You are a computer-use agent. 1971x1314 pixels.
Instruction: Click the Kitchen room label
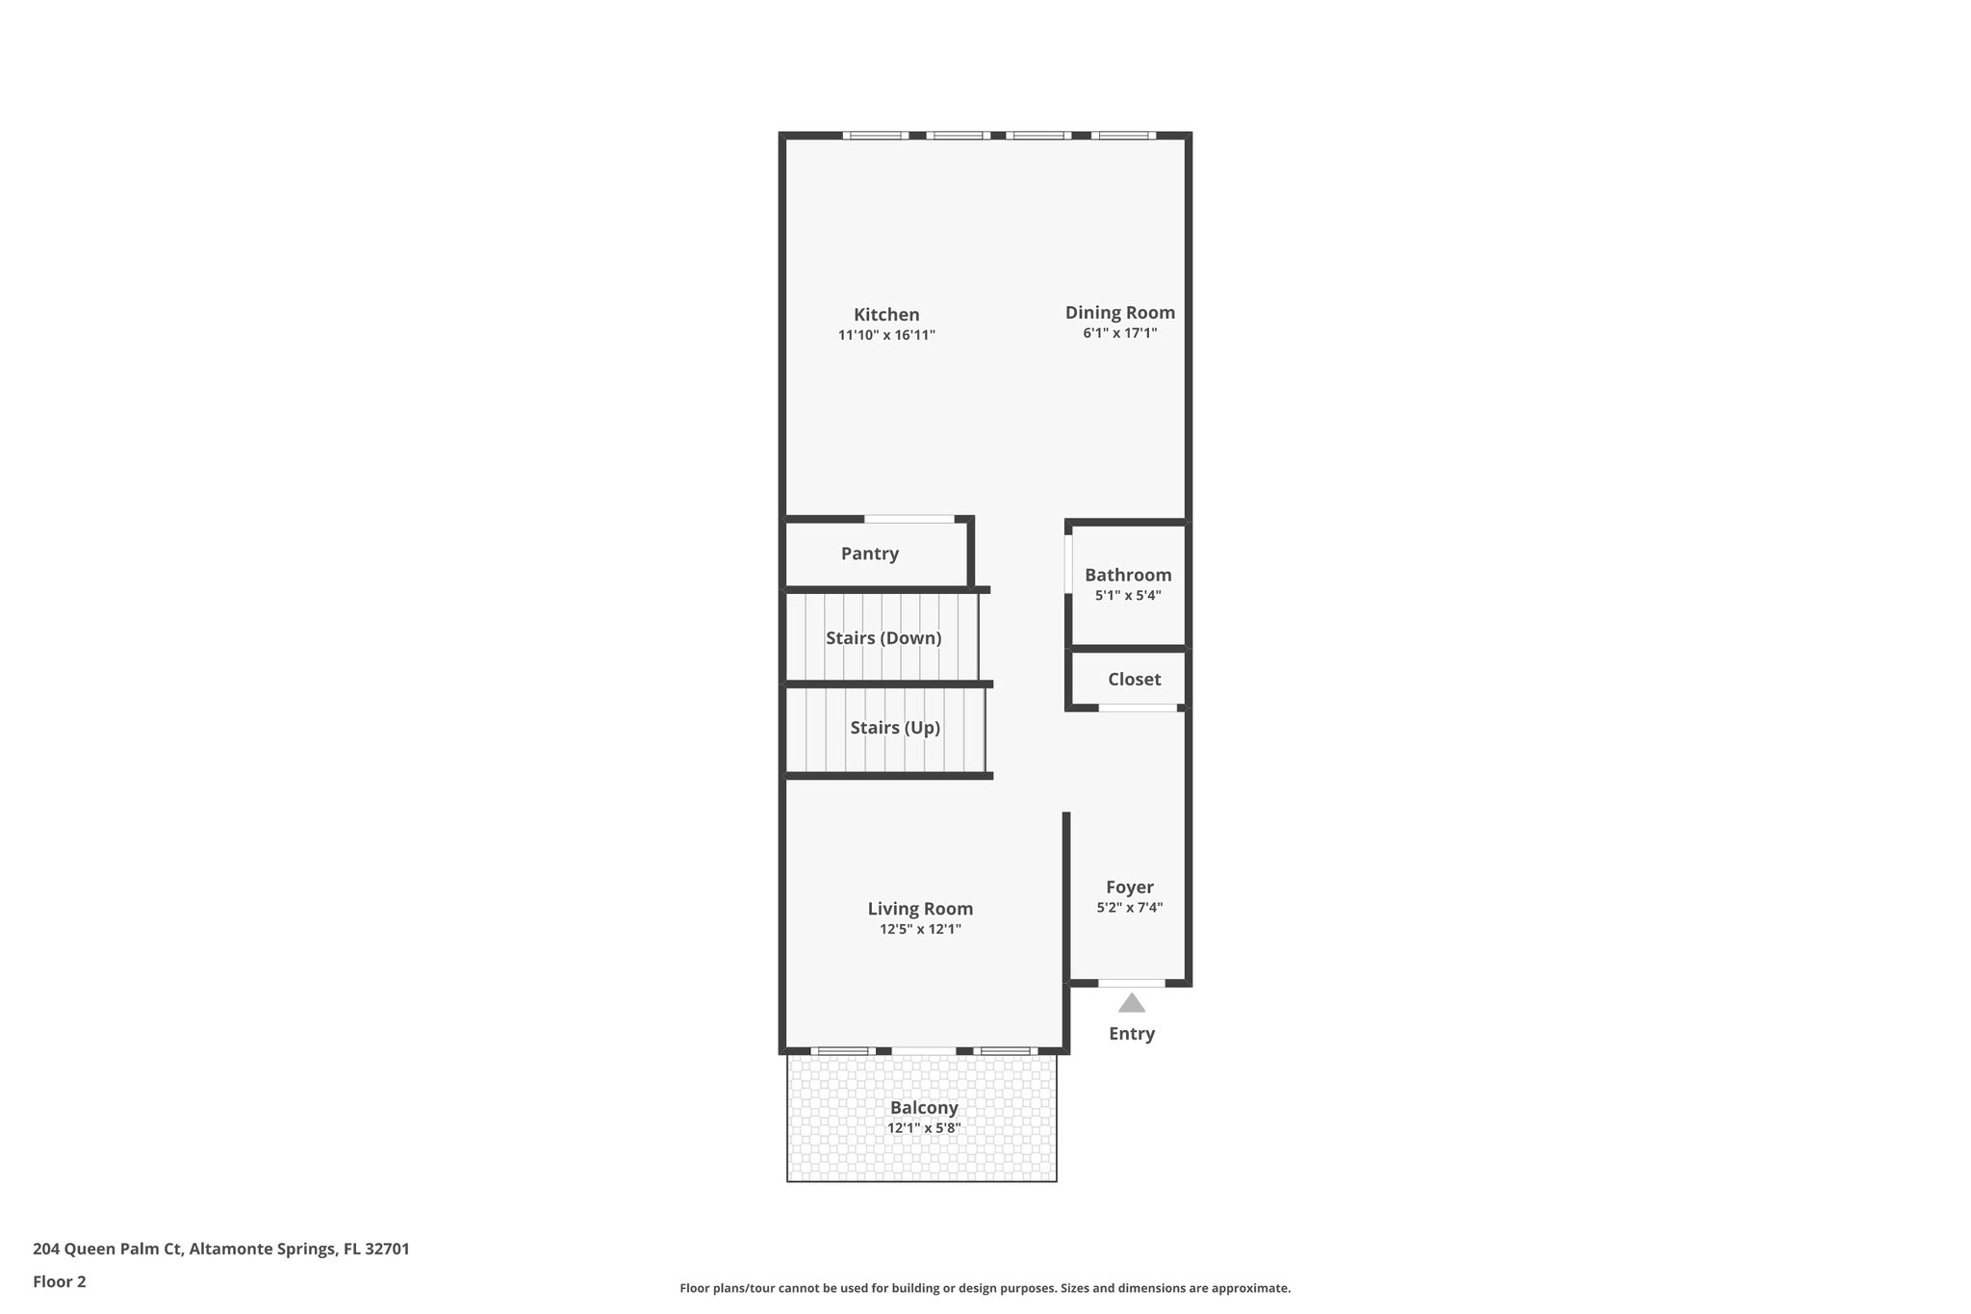(886, 315)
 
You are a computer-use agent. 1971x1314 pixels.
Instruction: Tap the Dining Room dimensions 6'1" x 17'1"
(1119, 333)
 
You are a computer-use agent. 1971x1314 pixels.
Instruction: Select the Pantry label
(869, 554)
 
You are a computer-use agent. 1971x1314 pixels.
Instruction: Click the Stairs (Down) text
(883, 638)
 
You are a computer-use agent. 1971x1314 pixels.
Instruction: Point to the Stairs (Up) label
(894, 728)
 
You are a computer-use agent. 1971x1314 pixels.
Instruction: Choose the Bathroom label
(1128, 575)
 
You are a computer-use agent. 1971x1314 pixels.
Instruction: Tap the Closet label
(1134, 680)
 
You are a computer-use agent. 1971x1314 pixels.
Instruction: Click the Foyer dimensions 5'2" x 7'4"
(1129, 907)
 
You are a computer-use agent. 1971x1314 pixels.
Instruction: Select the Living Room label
(920, 909)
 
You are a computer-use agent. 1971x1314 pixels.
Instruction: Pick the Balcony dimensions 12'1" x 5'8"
(923, 1128)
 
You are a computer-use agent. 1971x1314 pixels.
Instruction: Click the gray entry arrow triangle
(1131, 1004)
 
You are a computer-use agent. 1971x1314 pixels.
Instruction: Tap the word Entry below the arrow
(1131, 1034)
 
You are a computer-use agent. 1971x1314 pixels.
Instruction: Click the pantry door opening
(909, 520)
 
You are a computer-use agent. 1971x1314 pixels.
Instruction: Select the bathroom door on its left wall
(1068, 564)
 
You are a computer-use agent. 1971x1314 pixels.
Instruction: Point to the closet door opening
(1138, 709)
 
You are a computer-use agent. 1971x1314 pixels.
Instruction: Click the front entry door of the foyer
(1131, 983)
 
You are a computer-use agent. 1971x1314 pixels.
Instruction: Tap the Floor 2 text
(60, 1282)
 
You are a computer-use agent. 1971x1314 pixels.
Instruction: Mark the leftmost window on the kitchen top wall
(875, 136)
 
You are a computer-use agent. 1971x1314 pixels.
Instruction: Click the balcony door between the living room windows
(923, 1050)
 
